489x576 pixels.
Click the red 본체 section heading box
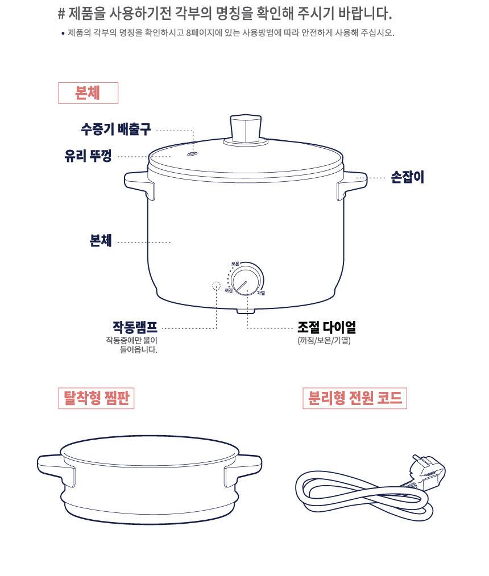coord(88,93)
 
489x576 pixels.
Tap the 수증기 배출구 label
coord(116,130)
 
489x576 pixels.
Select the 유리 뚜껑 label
coord(88,156)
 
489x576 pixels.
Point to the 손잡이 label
coord(407,177)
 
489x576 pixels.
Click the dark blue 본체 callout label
coord(101,241)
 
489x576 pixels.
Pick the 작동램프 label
coord(135,327)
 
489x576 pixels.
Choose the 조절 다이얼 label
coord(326,327)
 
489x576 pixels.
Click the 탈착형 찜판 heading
coord(96,398)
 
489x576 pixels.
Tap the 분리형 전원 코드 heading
coord(355,398)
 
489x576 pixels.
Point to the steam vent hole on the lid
coord(192,154)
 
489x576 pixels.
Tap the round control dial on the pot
coord(247,279)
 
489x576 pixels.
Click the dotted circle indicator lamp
coord(217,285)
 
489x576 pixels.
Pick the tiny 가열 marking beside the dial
coord(260,293)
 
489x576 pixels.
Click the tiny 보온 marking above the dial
coord(235,264)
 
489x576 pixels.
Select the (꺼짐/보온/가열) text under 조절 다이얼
coord(324,340)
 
